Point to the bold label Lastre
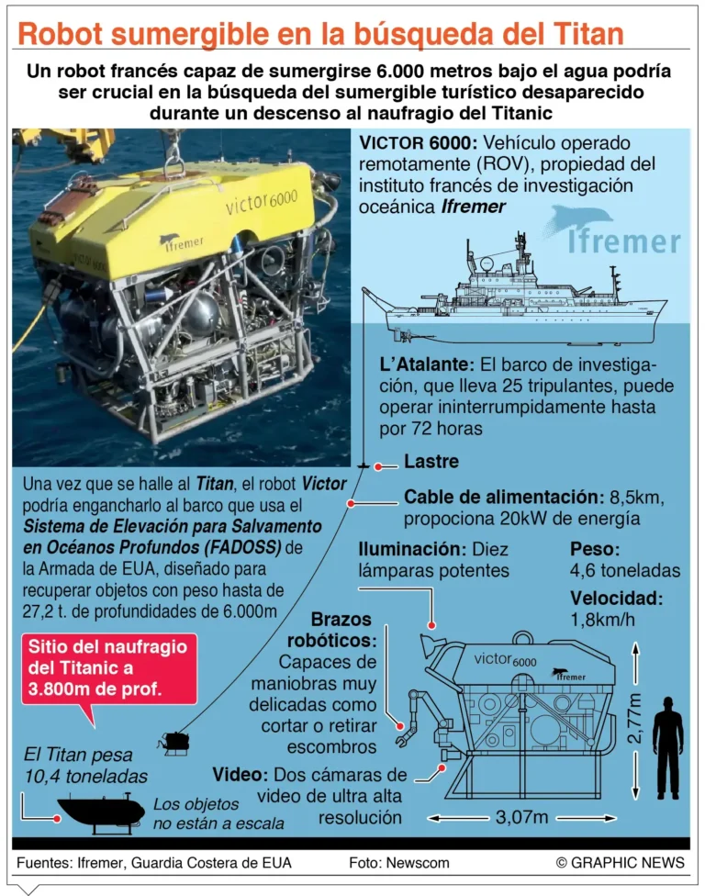[x=431, y=462]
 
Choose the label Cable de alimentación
[x=501, y=498]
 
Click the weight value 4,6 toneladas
[x=625, y=571]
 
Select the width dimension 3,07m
[x=524, y=815]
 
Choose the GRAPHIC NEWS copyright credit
[x=620, y=862]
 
